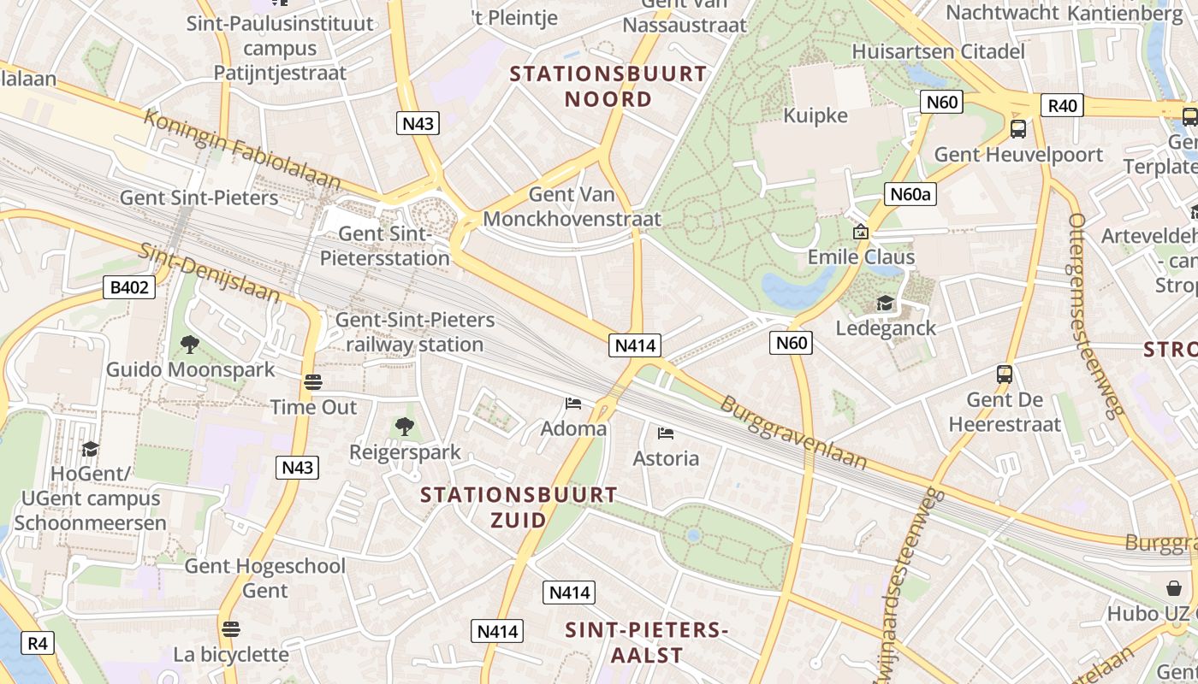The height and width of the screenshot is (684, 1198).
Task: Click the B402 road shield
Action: click(x=129, y=287)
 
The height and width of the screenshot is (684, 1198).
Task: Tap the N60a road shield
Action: click(x=910, y=194)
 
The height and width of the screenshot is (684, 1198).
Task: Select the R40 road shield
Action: click(x=1062, y=106)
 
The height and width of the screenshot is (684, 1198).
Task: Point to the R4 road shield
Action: click(x=37, y=643)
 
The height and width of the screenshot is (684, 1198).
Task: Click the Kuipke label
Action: click(x=815, y=116)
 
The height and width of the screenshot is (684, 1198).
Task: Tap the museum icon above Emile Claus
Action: click(x=861, y=232)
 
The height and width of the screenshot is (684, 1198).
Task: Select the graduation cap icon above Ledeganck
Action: click(x=885, y=304)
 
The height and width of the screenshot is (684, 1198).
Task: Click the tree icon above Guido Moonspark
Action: click(x=190, y=345)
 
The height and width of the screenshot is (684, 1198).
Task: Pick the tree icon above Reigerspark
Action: click(x=404, y=426)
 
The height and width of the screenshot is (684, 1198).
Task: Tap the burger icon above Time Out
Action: click(x=313, y=382)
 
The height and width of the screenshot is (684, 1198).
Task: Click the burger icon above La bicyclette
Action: click(x=230, y=629)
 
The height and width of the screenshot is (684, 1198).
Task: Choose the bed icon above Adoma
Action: click(x=573, y=403)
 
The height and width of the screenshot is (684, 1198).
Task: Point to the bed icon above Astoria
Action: click(x=666, y=433)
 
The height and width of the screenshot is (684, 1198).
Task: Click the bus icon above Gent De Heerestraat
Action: click(x=1005, y=374)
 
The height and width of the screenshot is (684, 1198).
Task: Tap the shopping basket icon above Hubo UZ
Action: click(x=1174, y=588)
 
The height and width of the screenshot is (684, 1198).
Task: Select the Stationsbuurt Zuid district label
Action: click(x=519, y=507)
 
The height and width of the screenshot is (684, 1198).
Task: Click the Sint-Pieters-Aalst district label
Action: click(x=646, y=643)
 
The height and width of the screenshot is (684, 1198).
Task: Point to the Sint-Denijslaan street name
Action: click(x=210, y=273)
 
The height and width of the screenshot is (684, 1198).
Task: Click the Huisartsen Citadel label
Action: click(x=938, y=51)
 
